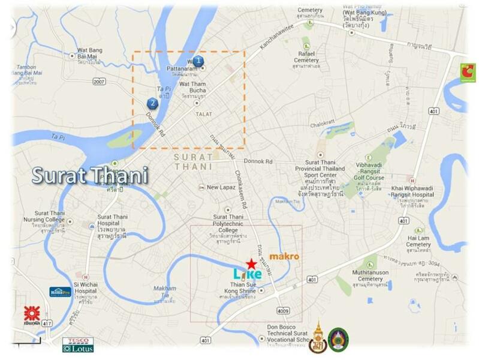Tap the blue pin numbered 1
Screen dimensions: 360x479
(x=198, y=61)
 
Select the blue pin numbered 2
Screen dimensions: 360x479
(x=153, y=103)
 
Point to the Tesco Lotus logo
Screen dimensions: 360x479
(x=78, y=344)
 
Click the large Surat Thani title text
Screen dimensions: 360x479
(x=89, y=176)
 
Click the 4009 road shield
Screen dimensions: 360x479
(x=283, y=310)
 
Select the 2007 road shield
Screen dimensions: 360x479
(x=98, y=80)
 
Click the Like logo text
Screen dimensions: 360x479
(x=248, y=274)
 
